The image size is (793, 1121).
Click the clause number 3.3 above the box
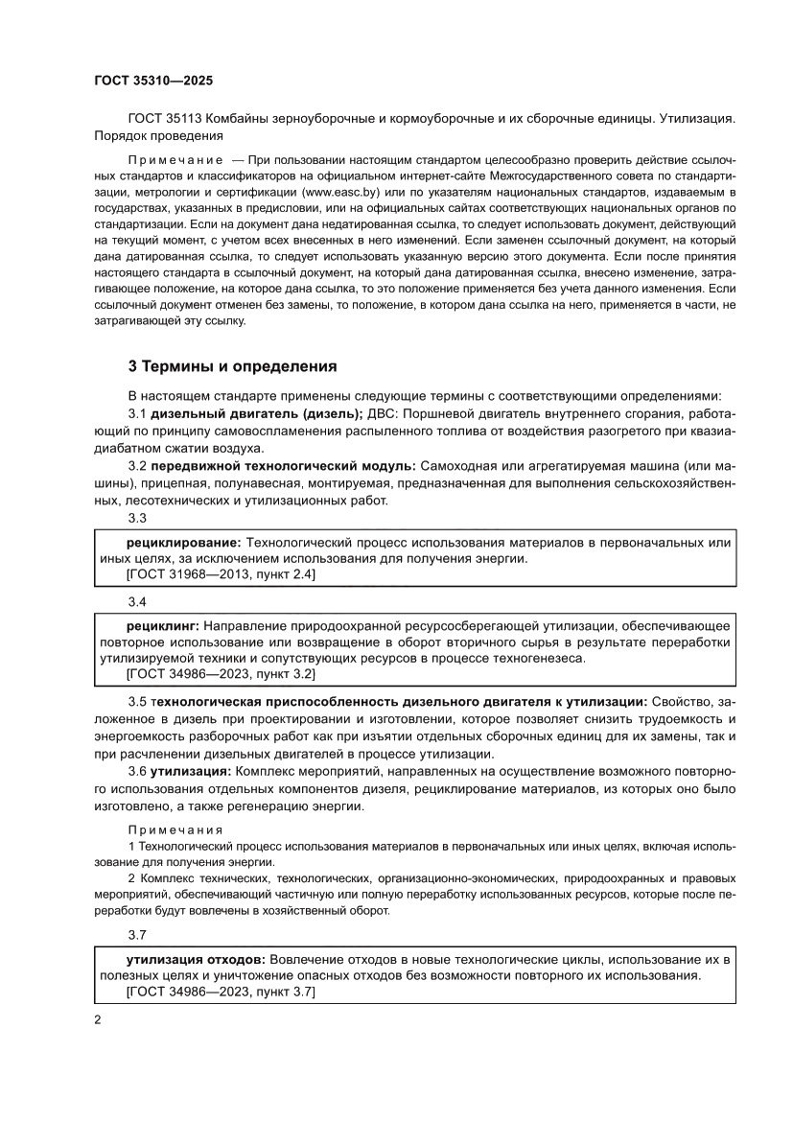coord(137,519)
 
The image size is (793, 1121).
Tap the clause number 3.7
coord(137,934)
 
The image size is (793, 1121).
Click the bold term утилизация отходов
coord(197,958)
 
